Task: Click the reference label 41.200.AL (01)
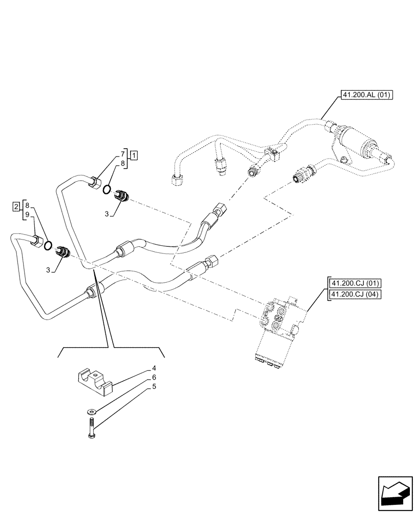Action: tap(364, 95)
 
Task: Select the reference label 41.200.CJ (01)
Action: tap(353, 284)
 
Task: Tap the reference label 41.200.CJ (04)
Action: tap(353, 294)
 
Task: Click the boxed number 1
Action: tap(133, 154)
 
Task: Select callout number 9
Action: tap(27, 214)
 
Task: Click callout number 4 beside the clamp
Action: tap(154, 368)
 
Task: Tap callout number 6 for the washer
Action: tap(154, 377)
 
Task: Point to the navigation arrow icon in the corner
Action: tap(394, 492)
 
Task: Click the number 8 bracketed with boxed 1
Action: tap(123, 163)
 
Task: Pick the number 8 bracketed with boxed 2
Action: tap(27, 205)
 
